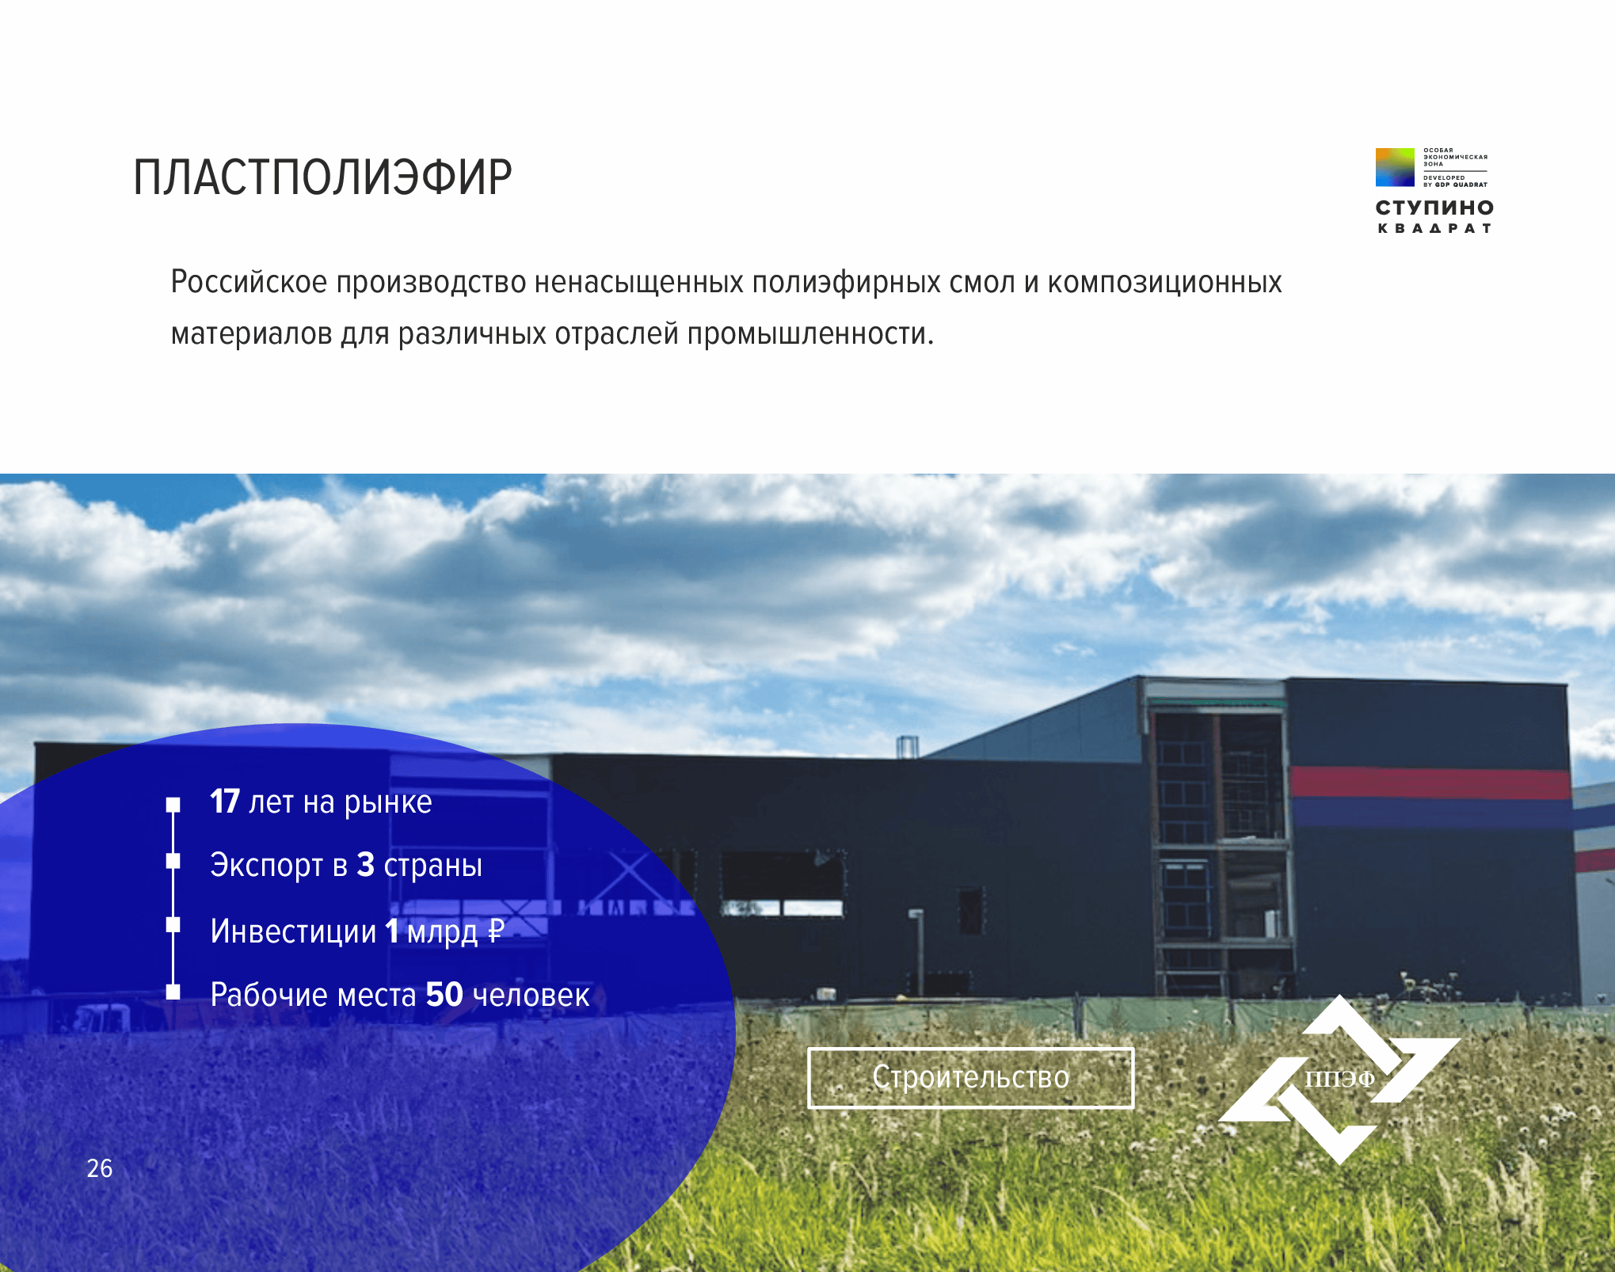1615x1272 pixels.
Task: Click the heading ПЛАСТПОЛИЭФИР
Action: click(x=322, y=177)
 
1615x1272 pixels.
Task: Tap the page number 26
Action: click(x=100, y=1168)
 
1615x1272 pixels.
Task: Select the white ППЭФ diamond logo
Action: click(x=1339, y=1079)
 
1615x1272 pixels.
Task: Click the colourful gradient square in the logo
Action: click(x=1395, y=167)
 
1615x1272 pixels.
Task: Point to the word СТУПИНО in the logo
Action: click(x=1434, y=208)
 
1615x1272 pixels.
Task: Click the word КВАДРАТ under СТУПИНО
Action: click(x=1434, y=228)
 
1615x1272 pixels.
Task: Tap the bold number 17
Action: click(x=225, y=802)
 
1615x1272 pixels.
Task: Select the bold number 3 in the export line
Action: click(x=365, y=865)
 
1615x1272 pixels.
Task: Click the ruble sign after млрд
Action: click(x=496, y=931)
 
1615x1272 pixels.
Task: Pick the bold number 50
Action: click(x=444, y=994)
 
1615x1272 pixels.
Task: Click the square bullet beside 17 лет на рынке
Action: click(x=173, y=805)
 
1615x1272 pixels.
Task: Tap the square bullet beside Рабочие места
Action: click(x=173, y=992)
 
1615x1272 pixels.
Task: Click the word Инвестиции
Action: click(x=293, y=931)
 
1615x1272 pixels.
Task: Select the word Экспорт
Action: click(x=267, y=866)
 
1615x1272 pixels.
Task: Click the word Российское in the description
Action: click(x=249, y=282)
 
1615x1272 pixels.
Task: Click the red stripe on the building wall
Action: click(x=1430, y=783)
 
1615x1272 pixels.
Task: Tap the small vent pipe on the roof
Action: click(x=908, y=747)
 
